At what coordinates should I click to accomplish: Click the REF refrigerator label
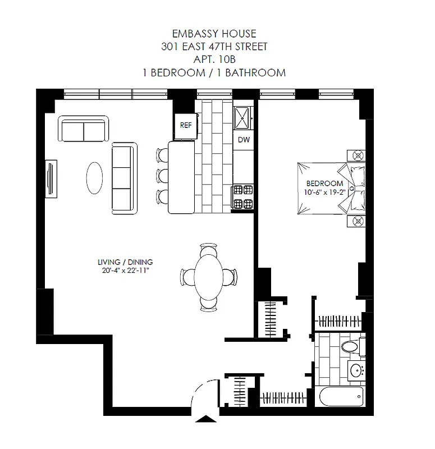tap(186, 125)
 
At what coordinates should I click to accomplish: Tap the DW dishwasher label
tap(244, 140)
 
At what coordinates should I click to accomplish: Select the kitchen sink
tap(244, 117)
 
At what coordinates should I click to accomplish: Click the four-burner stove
tap(244, 196)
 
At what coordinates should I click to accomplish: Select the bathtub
tap(342, 398)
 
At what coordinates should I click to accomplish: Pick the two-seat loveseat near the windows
tap(84, 130)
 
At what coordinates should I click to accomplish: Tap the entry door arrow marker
tap(207, 419)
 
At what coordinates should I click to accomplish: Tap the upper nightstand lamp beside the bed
tap(356, 155)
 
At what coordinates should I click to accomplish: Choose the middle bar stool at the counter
tap(163, 175)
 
